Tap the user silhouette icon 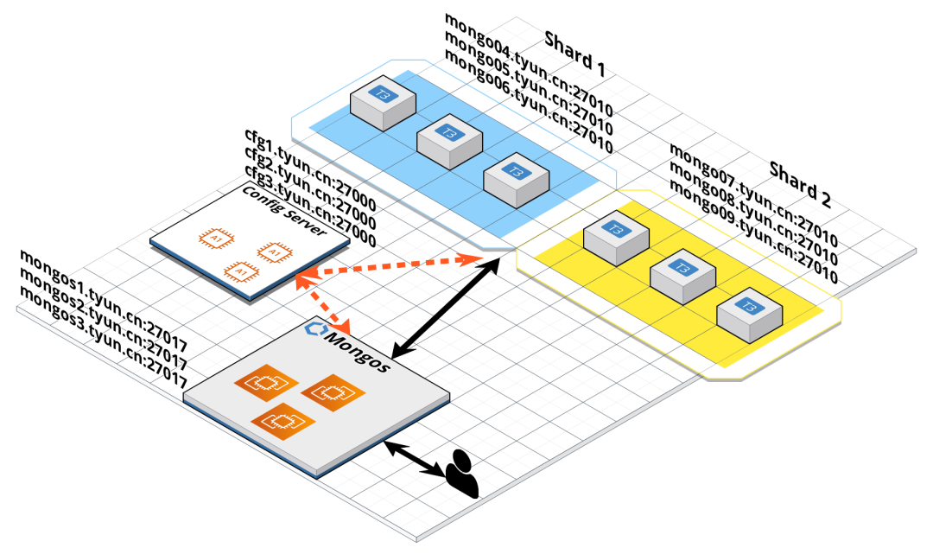(x=463, y=474)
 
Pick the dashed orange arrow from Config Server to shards (x=389, y=267)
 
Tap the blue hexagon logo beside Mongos (x=314, y=328)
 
